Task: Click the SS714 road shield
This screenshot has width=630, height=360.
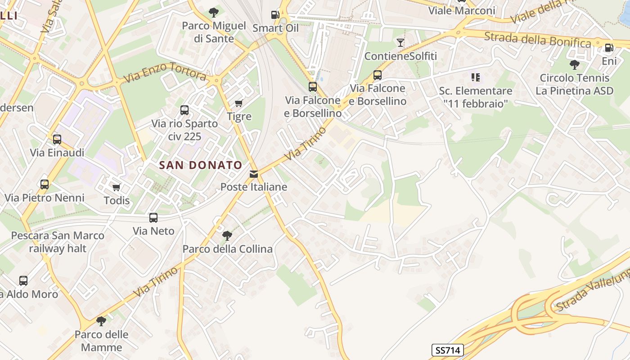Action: (x=448, y=350)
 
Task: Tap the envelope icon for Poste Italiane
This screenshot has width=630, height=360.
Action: (x=254, y=174)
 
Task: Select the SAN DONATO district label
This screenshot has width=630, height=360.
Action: (x=201, y=165)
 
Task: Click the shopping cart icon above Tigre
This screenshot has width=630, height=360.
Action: (x=239, y=103)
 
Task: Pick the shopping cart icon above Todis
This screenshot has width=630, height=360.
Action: (x=117, y=187)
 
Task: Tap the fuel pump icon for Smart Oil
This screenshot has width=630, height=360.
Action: (x=275, y=15)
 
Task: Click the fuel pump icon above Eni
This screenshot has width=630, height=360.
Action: (x=609, y=47)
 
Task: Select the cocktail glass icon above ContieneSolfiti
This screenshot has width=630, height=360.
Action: (x=400, y=43)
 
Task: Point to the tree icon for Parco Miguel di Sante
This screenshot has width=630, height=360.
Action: (x=214, y=12)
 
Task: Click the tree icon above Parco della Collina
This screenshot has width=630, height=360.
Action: (x=227, y=235)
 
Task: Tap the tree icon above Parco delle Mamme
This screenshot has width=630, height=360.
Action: (x=101, y=321)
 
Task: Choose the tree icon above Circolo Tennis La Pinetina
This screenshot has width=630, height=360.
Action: (x=574, y=65)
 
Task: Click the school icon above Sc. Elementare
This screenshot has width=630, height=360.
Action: (x=476, y=77)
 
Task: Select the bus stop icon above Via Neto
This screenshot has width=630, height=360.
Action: (x=153, y=218)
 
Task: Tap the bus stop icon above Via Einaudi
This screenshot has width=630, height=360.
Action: (x=57, y=139)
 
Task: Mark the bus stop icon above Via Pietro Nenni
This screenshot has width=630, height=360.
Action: (x=44, y=184)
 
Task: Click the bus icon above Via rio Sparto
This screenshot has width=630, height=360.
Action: (x=184, y=110)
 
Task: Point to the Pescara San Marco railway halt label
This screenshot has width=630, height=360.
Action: (x=58, y=242)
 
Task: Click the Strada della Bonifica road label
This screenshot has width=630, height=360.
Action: (x=537, y=40)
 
